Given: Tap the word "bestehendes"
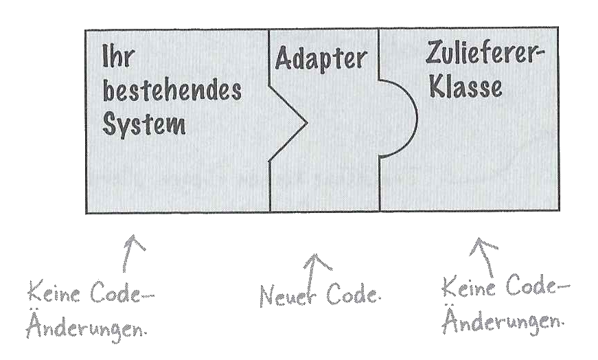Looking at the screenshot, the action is (172, 91).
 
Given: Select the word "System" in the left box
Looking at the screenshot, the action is (146, 126).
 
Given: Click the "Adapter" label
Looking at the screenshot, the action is (321, 59).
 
